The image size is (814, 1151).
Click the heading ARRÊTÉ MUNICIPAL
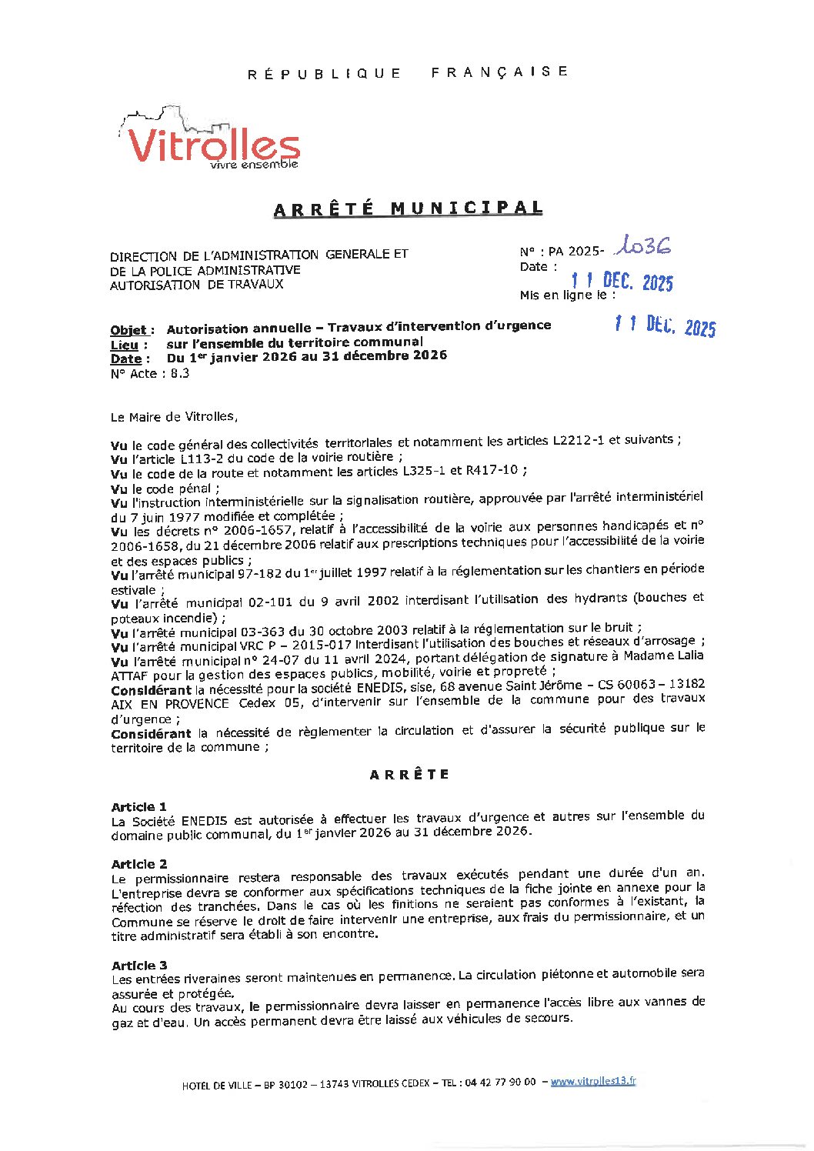408,209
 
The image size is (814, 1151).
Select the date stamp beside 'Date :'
622,282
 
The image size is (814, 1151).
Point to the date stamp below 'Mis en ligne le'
665,326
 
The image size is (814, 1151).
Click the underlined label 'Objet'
128,330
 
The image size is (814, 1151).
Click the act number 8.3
180,373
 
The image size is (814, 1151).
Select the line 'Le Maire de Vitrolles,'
175,416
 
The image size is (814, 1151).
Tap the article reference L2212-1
578,440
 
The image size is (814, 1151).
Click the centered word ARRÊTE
409,775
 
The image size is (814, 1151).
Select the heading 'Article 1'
138,806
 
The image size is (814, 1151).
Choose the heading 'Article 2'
138,863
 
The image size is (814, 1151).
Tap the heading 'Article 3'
138,965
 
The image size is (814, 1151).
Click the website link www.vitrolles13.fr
593,1081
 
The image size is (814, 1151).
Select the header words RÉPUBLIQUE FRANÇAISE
408,72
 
